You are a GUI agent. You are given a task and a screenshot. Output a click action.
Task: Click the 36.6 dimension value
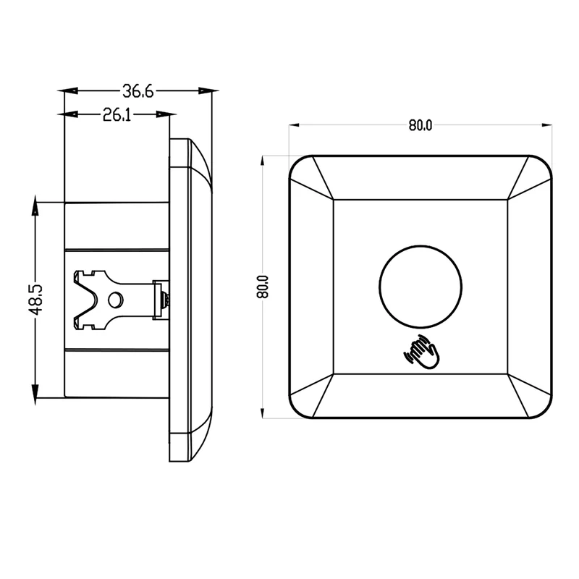click(138, 91)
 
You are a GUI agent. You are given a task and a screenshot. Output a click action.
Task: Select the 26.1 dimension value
click(117, 115)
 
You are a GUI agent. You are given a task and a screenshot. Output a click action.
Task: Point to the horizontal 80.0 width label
click(420, 125)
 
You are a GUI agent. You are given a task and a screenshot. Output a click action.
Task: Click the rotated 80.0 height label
click(263, 287)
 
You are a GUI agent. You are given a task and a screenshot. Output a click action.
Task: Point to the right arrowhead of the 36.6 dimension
click(208, 90)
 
